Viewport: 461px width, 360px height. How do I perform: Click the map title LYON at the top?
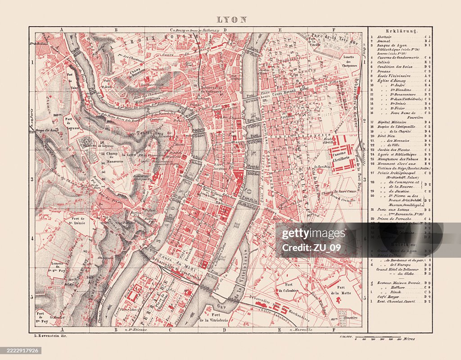(x=232, y=19)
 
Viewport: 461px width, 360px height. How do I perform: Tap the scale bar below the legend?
(x=378, y=337)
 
